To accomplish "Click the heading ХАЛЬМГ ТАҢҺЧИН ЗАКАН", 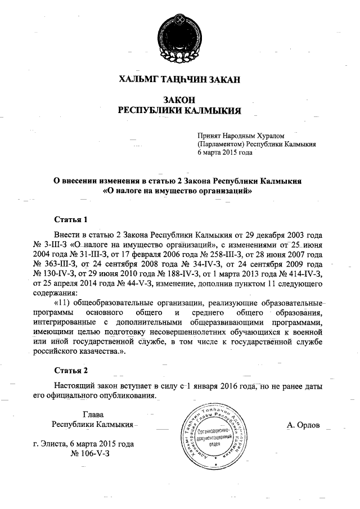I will click(x=179, y=79).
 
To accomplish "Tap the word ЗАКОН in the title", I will click(x=179, y=99).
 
